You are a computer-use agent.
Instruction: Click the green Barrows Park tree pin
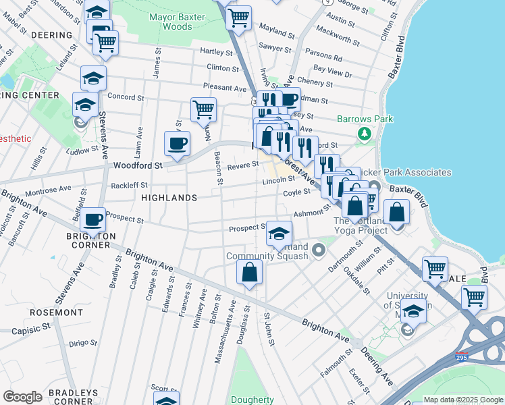(365, 134)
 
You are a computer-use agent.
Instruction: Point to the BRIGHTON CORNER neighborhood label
(91, 240)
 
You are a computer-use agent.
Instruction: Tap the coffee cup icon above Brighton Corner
(92, 219)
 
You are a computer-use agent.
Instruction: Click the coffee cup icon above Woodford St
(178, 143)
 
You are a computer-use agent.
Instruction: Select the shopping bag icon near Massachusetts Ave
(249, 273)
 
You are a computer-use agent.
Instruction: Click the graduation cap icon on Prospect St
(279, 234)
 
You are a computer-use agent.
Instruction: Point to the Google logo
(22, 397)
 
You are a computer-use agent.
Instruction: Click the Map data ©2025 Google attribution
(462, 400)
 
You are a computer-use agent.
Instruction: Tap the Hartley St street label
(216, 51)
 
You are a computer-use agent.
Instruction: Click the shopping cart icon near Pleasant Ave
(203, 109)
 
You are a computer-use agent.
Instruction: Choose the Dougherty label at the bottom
(252, 400)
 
